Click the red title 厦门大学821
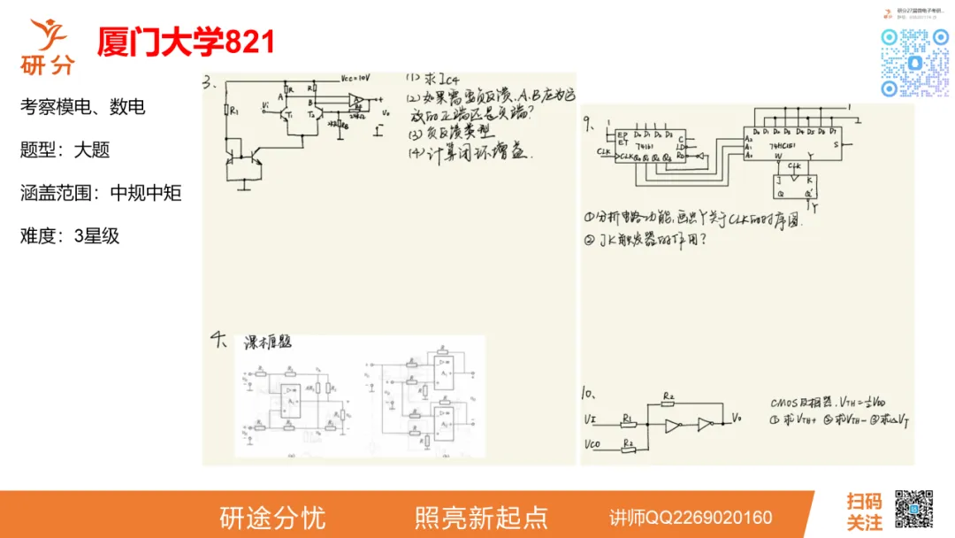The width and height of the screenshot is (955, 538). tap(187, 42)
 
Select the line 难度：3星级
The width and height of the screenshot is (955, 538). tap(70, 236)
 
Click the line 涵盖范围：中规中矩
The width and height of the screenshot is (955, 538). tap(101, 193)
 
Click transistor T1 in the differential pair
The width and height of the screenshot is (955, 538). tap(287, 113)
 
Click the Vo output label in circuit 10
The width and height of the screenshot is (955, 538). tap(737, 415)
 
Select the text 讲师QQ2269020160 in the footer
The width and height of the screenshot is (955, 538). tap(691, 517)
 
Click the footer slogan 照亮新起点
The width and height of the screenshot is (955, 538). tap(481, 517)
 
